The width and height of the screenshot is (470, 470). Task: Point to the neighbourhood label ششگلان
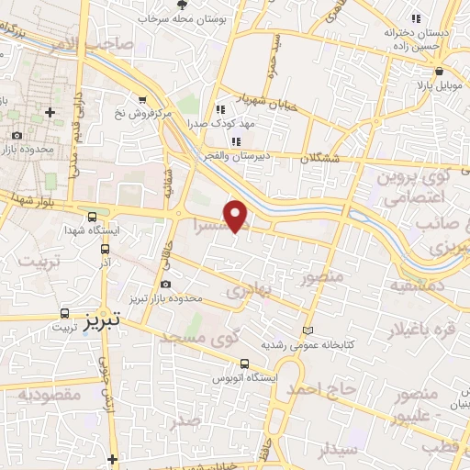click(319, 157)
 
